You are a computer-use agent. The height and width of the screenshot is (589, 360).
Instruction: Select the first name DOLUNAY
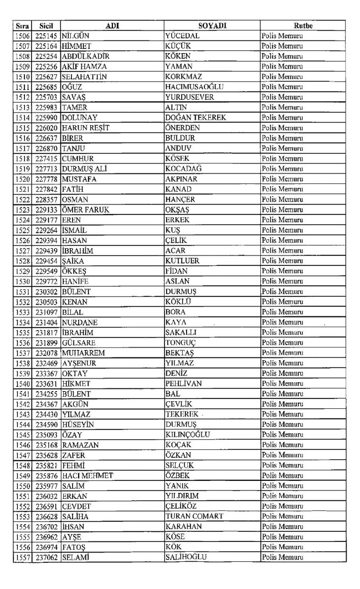click(x=81, y=117)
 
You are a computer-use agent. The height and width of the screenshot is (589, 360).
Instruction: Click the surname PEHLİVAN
click(x=183, y=383)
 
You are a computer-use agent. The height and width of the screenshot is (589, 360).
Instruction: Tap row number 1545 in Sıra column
click(x=22, y=434)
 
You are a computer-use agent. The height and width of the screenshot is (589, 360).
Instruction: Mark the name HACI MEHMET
click(x=88, y=475)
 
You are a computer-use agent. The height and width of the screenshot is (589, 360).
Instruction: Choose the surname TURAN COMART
click(x=194, y=516)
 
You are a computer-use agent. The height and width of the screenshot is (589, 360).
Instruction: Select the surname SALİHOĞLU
click(x=187, y=557)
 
